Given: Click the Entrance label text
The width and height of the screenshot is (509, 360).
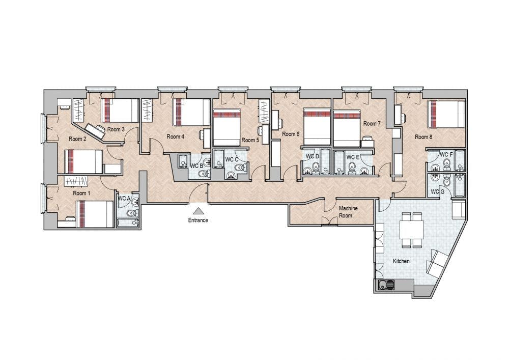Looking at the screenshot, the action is pyautogui.click(x=198, y=220).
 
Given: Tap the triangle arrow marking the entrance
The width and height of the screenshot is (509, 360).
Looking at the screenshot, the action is pyautogui.click(x=198, y=211).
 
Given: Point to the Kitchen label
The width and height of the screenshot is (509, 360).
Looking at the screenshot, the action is pyautogui.click(x=401, y=261).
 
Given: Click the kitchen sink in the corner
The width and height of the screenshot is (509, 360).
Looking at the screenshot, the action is pyautogui.click(x=386, y=285).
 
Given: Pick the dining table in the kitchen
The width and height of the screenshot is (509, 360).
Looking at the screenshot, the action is pyautogui.click(x=412, y=230).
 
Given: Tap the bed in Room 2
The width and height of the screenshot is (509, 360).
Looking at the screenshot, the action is pyautogui.click(x=83, y=161).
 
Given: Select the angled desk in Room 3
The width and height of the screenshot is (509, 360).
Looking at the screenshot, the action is pyautogui.click(x=96, y=130).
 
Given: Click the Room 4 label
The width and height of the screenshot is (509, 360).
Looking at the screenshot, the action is pyautogui.click(x=176, y=136).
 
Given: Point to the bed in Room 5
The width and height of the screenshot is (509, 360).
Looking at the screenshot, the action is pyautogui.click(x=227, y=127).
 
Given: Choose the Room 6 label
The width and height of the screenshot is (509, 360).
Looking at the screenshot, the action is pyautogui.click(x=291, y=134).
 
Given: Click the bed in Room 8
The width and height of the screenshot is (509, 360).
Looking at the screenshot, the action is pyautogui.click(x=446, y=114).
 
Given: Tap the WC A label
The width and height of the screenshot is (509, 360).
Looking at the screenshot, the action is pyautogui.click(x=124, y=198).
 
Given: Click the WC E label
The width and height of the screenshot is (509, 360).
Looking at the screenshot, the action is pyautogui.click(x=353, y=157).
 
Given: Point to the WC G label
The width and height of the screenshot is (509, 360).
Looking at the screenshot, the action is pyautogui.click(x=438, y=192).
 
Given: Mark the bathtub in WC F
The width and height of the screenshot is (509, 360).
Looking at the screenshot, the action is pyautogui.click(x=460, y=160).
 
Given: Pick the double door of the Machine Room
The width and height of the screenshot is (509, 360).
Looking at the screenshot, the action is pyautogui.click(x=329, y=221).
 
